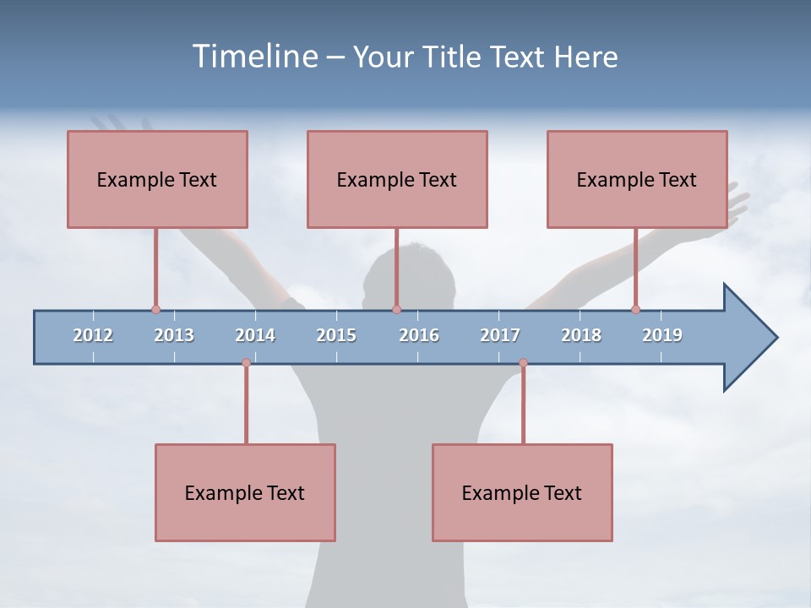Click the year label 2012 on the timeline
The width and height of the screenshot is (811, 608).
93,335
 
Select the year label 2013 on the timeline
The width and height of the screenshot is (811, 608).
174,335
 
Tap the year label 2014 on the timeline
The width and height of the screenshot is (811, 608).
255,335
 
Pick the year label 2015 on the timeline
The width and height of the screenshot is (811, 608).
336,335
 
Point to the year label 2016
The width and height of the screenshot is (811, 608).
419,335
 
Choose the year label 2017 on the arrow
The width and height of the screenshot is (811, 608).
500,335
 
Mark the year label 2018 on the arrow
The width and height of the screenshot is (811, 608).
581,335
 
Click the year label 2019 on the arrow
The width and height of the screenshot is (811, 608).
662,335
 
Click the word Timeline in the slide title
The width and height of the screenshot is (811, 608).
253,57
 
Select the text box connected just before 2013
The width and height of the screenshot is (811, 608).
157,179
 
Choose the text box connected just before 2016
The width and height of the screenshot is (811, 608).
397,179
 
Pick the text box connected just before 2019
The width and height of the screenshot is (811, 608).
637,179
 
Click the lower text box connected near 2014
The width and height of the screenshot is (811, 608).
245,492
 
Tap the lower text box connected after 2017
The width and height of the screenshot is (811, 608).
522,492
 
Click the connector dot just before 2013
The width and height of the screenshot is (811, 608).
155,309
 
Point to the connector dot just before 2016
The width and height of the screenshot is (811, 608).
396,309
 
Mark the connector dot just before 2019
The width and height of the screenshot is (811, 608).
635,309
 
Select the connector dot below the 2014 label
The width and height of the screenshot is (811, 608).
246,363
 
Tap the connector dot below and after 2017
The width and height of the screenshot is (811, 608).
523,363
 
